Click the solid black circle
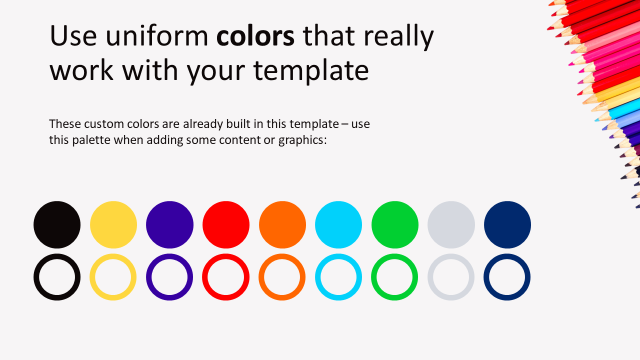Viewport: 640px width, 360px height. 57,224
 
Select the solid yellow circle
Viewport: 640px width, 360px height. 113,224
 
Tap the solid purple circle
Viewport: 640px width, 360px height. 169,224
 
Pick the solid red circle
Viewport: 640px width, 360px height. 226,224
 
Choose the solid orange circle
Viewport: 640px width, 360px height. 282,224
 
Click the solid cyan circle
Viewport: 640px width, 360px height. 338,224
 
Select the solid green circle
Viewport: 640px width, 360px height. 395,224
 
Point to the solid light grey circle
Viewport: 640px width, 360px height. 451,224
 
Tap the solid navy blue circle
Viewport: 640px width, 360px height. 507,224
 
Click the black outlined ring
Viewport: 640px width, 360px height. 36,277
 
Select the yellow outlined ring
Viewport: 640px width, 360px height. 92,277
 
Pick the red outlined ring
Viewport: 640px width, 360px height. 205,277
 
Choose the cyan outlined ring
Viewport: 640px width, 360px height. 317,277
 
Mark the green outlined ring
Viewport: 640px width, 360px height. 374,277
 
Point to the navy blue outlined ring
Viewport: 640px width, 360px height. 486,277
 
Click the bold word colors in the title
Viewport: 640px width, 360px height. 255,36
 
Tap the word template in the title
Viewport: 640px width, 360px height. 311,70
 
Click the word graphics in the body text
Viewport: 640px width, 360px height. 302,140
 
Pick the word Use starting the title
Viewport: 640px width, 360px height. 73,35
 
